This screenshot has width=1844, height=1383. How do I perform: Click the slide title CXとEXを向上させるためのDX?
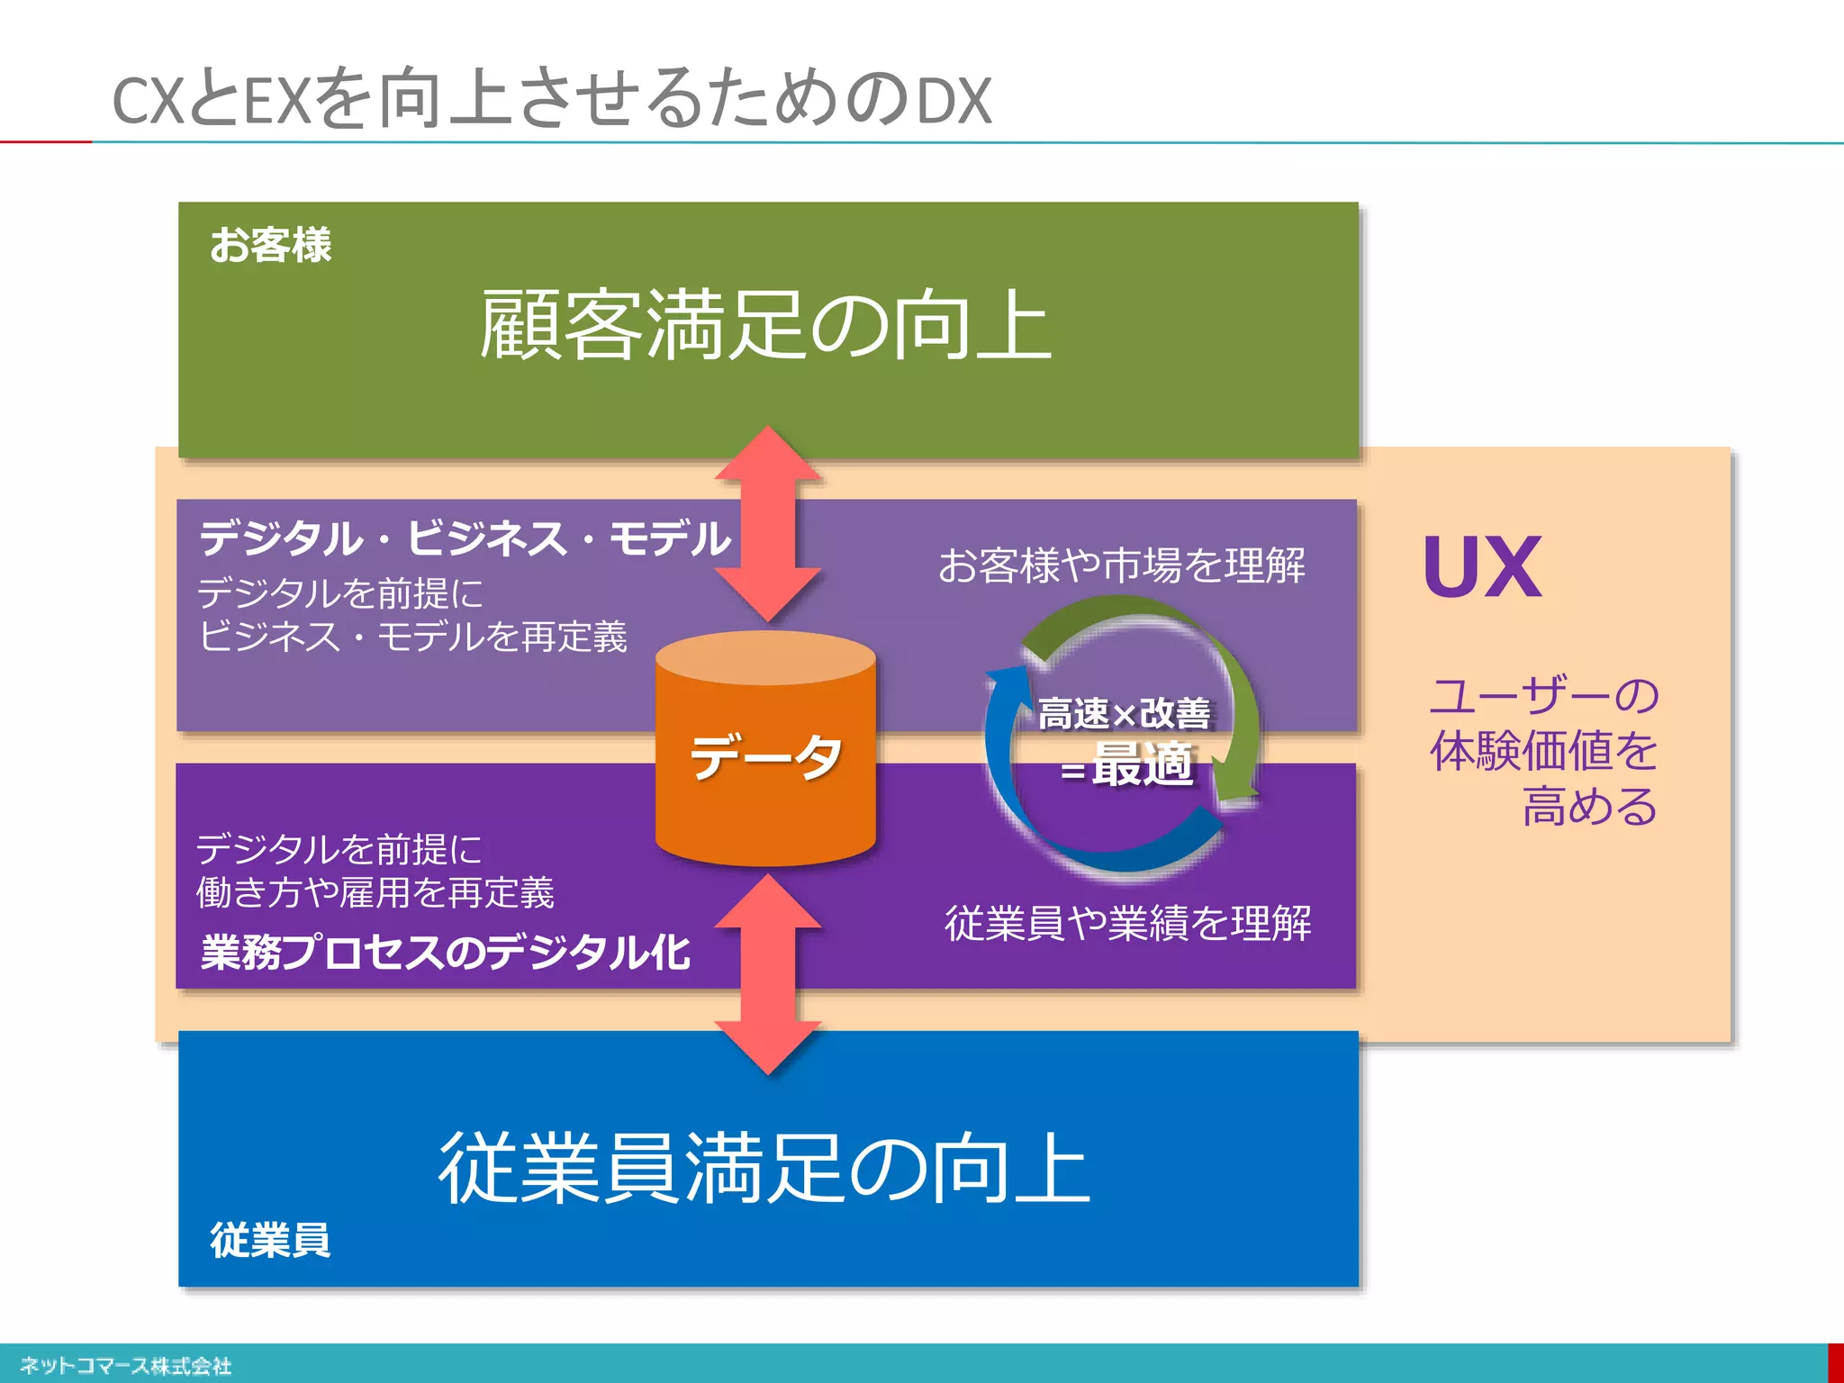tap(551, 99)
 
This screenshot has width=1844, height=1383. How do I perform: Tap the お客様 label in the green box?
tap(270, 245)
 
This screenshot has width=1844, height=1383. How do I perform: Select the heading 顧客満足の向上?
tap(765, 326)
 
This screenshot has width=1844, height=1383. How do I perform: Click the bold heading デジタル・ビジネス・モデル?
tap(465, 538)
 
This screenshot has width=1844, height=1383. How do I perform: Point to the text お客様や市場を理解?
tap(1121, 565)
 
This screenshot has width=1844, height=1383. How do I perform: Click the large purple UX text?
tap(1482, 567)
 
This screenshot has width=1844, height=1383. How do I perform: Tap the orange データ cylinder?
tap(765, 756)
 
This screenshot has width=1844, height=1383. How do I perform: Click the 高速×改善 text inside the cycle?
tap(1124, 713)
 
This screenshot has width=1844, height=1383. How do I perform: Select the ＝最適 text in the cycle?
tap(1127, 765)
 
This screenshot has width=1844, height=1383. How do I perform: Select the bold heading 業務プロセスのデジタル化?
tap(445, 953)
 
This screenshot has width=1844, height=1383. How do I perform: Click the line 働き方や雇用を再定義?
tap(375, 892)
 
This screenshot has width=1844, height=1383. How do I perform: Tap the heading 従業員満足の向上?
tap(765, 1168)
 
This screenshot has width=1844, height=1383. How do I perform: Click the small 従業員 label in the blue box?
tap(270, 1240)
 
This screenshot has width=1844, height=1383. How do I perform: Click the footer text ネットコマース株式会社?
tap(125, 1366)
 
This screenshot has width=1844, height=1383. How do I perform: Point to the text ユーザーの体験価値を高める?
tap(1543, 750)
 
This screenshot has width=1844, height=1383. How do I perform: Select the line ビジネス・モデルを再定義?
tap(412, 637)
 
